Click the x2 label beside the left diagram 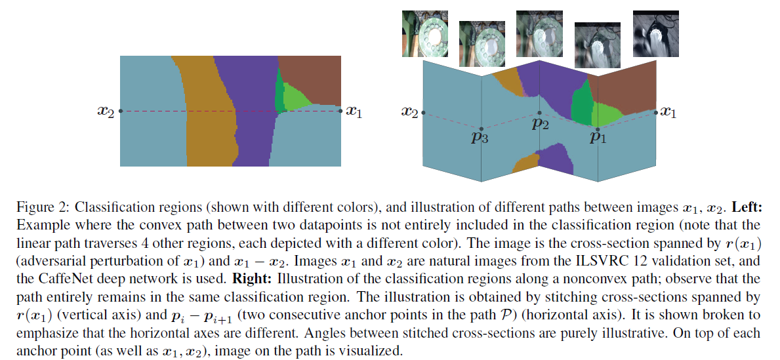tap(106, 112)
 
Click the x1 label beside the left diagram tap(354, 112)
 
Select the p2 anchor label tap(540, 124)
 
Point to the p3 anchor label tap(481, 138)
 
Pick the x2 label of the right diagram tap(409, 112)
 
